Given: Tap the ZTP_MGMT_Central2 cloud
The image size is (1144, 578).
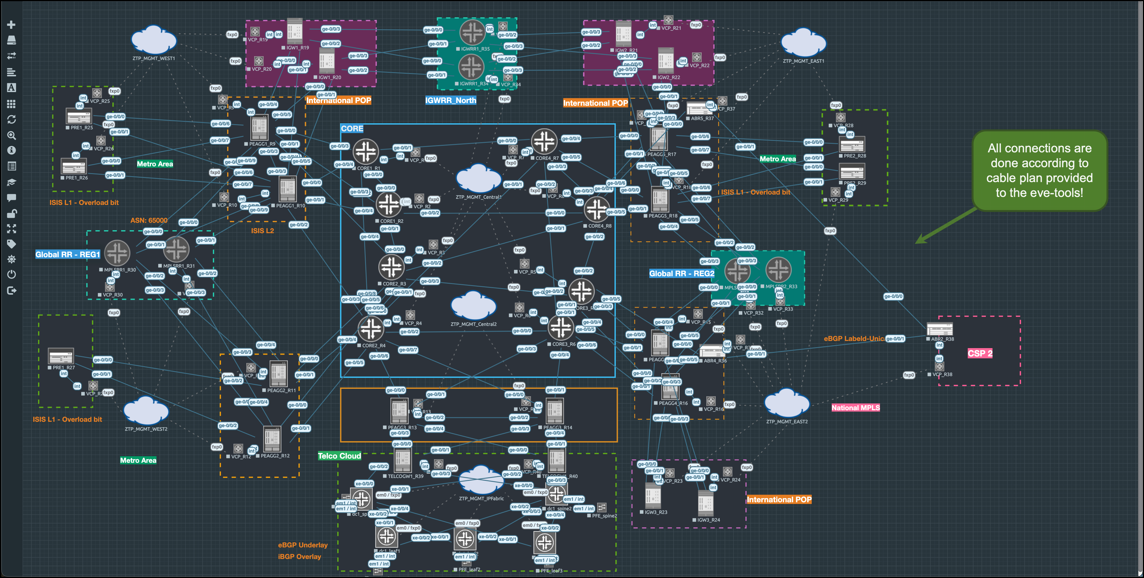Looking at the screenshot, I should click(473, 306).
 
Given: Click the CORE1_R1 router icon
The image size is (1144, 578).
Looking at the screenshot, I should click(365, 151).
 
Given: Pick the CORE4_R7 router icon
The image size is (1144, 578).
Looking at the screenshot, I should click(544, 141).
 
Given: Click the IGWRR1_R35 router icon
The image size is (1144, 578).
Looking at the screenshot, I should click(472, 32).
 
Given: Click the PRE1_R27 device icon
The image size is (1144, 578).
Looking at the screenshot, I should click(61, 356).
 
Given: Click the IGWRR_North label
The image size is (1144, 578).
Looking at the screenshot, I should click(450, 100).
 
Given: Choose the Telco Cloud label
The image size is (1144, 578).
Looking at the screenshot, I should click(339, 456).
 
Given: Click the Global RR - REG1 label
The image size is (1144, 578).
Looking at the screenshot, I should click(67, 254).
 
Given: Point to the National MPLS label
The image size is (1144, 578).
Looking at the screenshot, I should click(855, 408).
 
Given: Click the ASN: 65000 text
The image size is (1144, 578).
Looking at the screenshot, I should click(149, 220).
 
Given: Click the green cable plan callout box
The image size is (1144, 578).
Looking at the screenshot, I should click(1039, 170).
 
